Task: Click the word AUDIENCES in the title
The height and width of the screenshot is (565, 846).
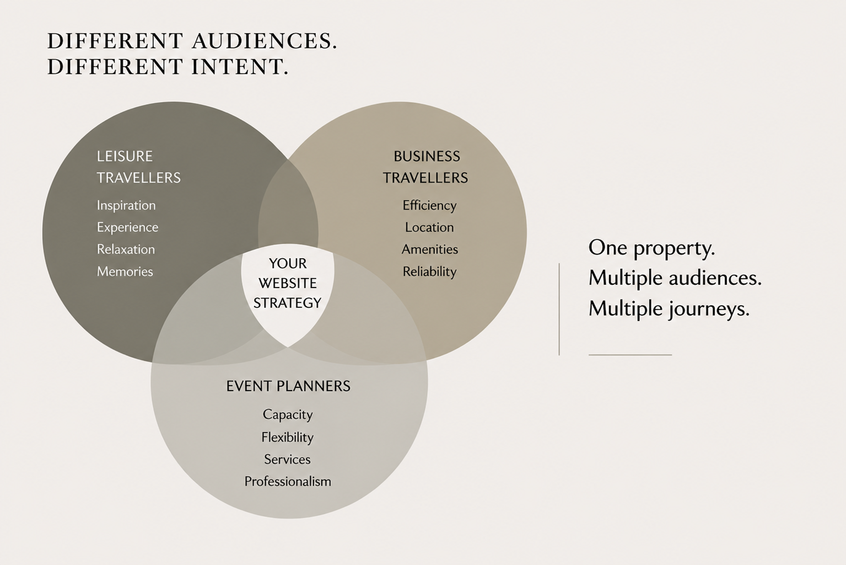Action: click(264, 41)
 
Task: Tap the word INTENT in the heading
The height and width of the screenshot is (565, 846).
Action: click(240, 67)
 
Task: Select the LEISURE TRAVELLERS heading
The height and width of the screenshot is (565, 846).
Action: click(138, 167)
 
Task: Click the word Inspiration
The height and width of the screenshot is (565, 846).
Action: click(126, 205)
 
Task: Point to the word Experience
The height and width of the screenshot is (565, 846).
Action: click(128, 228)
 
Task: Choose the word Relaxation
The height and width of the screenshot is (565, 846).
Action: click(126, 249)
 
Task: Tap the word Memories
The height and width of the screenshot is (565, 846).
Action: click(125, 271)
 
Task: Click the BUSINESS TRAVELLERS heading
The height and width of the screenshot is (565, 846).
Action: click(425, 167)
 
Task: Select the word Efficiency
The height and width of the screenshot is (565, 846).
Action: click(429, 205)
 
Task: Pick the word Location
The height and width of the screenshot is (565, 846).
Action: click(429, 227)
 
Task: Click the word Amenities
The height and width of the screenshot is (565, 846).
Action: click(430, 249)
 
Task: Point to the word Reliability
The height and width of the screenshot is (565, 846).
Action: click(429, 271)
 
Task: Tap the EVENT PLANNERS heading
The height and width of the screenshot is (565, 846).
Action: click(288, 386)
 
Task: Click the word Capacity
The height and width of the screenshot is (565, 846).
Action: click(288, 415)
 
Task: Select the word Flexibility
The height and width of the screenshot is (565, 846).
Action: click(287, 437)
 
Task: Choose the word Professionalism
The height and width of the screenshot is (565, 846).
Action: click(288, 482)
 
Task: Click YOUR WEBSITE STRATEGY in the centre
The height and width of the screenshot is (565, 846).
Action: click(287, 283)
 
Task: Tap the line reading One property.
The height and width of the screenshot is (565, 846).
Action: click(651, 248)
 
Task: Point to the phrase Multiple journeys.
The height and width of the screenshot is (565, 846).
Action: click(669, 309)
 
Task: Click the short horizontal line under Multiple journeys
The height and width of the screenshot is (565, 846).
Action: click(630, 355)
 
